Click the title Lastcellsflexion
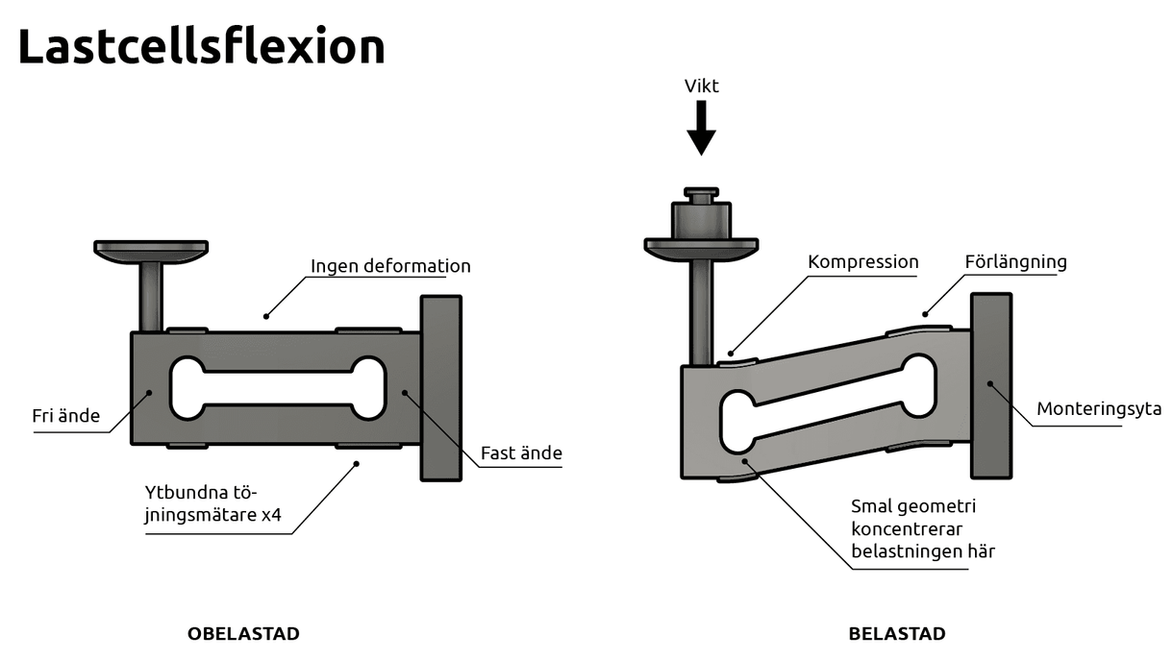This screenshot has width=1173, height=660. (x=201, y=46)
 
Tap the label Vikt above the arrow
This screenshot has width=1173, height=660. (x=701, y=86)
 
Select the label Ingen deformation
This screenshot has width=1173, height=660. (x=390, y=266)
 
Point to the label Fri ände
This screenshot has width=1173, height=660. (x=65, y=417)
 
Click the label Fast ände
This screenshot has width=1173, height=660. (x=521, y=452)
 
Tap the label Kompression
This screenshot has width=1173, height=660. (x=862, y=261)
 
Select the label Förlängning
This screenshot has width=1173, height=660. (x=1015, y=261)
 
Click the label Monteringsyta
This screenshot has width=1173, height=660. (x=1098, y=409)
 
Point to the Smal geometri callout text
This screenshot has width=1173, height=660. (x=922, y=528)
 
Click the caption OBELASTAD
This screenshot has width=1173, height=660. (x=243, y=634)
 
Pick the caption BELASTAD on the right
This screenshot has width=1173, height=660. (x=896, y=634)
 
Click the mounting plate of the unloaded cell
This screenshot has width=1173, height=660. (x=441, y=387)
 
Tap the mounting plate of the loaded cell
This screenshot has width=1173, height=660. (x=990, y=385)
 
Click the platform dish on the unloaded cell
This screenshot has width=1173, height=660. (x=151, y=250)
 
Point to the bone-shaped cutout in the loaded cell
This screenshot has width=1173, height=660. (x=827, y=404)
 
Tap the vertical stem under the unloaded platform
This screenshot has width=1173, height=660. (x=151, y=296)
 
